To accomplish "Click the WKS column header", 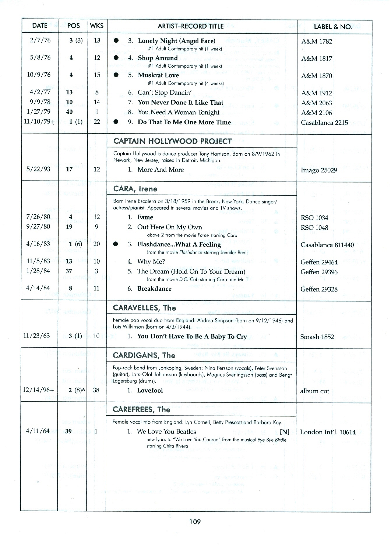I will click(97, 26).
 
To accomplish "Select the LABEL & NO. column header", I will click(333, 27).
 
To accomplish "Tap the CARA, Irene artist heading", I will click(135, 189).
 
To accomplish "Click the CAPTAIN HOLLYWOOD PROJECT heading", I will click(172, 141).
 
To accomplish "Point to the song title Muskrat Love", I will click(158, 75).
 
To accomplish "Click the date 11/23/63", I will click(36, 336).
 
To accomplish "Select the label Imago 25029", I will click(319, 170).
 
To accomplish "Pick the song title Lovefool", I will click(150, 390).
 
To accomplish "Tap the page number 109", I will click(195, 522).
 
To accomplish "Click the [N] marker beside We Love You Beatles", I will click(284, 432).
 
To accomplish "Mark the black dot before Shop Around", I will click(116, 58).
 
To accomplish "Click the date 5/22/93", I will click(38, 169).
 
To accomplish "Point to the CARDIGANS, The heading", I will click(144, 355).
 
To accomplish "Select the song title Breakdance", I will click(154, 289).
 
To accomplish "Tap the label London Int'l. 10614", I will click(328, 432).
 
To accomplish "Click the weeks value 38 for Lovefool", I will click(96, 390).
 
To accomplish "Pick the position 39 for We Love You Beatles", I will click(68, 431).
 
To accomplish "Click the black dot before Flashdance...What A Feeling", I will click(116, 244).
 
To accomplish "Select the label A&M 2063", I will click(316, 103).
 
